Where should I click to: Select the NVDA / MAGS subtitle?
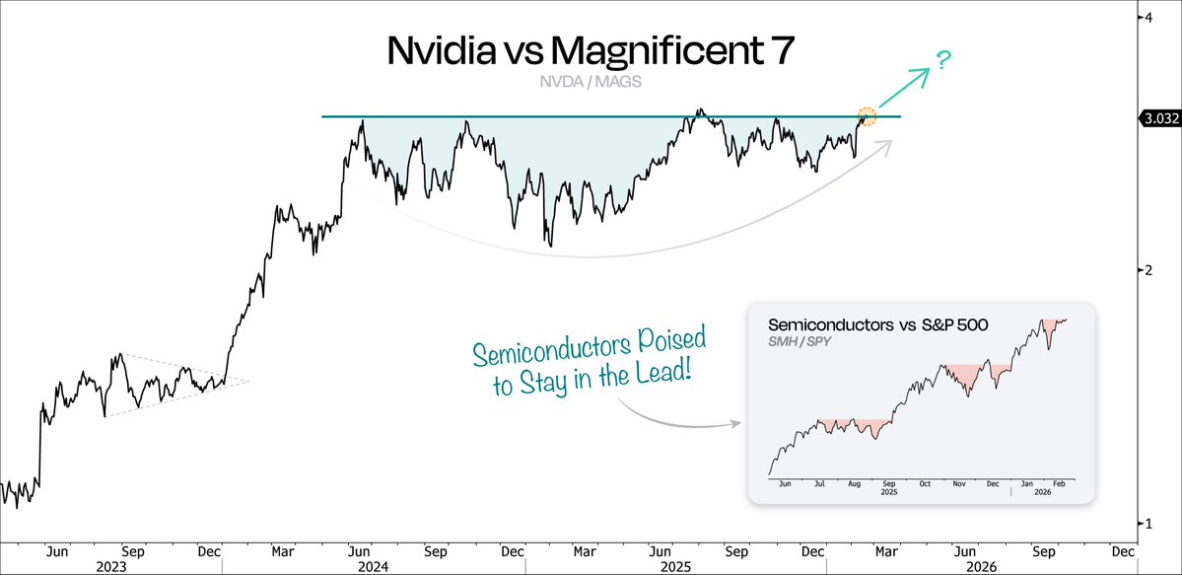click(591, 83)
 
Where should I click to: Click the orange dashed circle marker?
click(866, 115)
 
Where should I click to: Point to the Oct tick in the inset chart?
click(924, 483)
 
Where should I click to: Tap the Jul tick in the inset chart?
click(820, 483)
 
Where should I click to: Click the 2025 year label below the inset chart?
click(889, 495)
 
